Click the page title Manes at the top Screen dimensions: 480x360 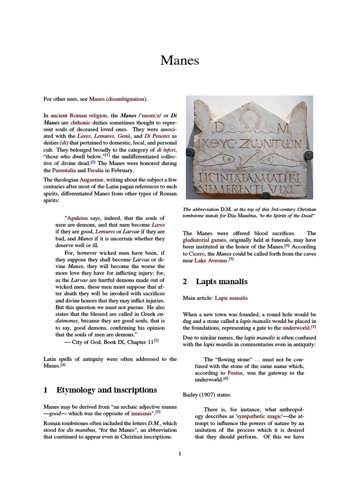pos(180,60)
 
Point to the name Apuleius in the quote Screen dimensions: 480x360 pos(77,218)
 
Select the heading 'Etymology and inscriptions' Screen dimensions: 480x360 pos(106,390)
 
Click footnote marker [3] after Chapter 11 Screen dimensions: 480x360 pos(156,341)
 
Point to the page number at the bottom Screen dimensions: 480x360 pos(180,454)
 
